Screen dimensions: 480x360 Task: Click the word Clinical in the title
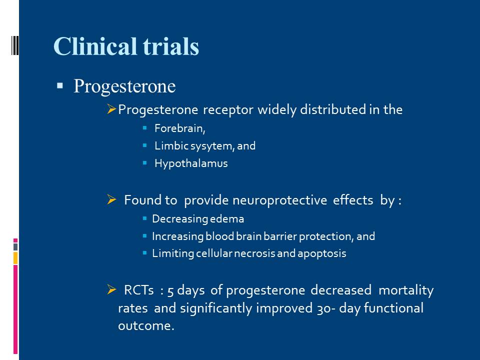point(95,46)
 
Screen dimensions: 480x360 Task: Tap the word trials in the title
point(171,46)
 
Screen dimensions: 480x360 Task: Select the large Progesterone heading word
point(124,86)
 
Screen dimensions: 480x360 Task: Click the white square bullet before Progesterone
point(59,85)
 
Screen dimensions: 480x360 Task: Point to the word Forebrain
point(179,128)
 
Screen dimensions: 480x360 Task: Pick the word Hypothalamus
point(191,163)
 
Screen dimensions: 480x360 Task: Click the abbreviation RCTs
point(138,290)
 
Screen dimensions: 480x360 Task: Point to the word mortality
point(406,290)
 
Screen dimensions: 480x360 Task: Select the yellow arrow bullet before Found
point(111,199)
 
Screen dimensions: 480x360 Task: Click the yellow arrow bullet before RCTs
point(111,289)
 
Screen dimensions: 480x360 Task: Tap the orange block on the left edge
point(15,258)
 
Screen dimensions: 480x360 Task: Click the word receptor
point(228,110)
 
